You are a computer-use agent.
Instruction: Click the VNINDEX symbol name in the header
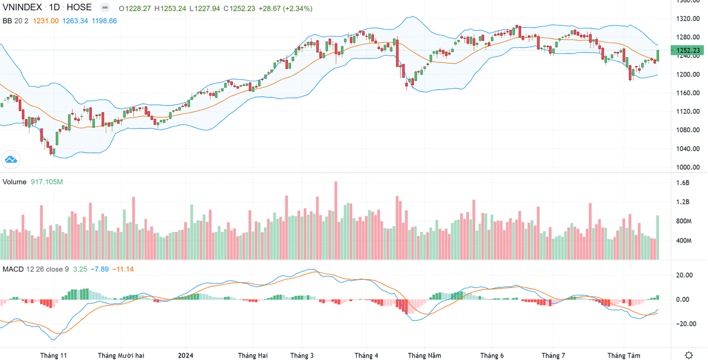point(24,8)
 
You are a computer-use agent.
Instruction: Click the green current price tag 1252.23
point(687,51)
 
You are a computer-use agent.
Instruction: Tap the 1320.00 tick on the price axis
point(687,19)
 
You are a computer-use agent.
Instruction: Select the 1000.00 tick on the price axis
point(687,167)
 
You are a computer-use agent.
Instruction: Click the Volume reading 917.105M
point(46,182)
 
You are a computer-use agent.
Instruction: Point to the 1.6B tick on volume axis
point(682,184)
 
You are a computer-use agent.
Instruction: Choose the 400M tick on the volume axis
point(684,241)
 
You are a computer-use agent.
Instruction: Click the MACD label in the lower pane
point(13,269)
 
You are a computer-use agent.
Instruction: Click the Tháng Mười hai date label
point(121,355)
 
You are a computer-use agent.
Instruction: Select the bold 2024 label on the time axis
point(185,355)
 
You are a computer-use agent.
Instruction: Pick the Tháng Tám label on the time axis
point(624,355)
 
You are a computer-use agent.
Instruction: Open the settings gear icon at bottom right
point(689,354)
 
